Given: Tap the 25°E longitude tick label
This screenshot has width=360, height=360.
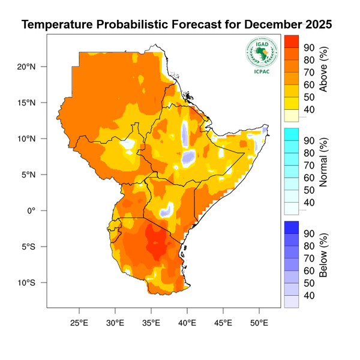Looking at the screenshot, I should point(79,322).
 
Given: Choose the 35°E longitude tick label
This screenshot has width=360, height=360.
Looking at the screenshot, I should point(151,322).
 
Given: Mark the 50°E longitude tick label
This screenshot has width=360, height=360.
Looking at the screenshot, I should point(259,322).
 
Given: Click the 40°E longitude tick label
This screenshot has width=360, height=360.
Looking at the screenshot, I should point(187,322).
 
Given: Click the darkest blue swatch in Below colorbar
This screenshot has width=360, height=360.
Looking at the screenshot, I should point(291,227).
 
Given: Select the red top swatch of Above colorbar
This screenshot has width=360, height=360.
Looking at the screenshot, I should point(291,41).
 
